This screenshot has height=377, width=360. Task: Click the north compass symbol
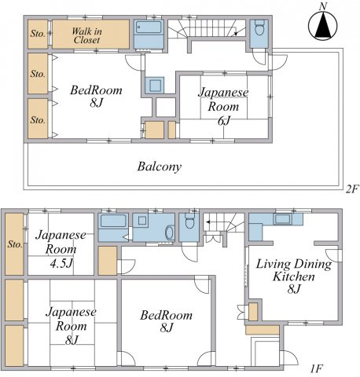(x=322, y=25)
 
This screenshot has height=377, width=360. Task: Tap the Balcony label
(x=160, y=167)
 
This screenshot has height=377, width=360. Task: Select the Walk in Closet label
(x=86, y=35)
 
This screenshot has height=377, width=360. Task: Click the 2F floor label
(x=351, y=188)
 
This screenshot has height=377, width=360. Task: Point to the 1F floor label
(x=316, y=369)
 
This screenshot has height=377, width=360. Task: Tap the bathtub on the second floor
(x=149, y=27)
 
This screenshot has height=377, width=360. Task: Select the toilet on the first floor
(x=189, y=221)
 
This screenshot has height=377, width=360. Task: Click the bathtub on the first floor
(x=113, y=221)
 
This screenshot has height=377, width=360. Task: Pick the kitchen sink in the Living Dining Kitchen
(x=282, y=219)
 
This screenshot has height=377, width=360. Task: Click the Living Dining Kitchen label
(x=294, y=276)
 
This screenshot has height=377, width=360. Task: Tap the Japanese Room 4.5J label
(x=61, y=249)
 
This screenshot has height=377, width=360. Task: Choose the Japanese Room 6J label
(x=223, y=106)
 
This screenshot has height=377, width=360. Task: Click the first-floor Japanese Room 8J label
(x=72, y=326)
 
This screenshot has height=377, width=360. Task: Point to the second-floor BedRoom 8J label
(x=96, y=96)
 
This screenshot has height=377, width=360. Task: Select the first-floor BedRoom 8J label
(x=167, y=321)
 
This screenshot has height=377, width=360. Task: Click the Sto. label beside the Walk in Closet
(x=38, y=34)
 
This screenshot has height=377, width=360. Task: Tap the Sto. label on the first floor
(x=15, y=244)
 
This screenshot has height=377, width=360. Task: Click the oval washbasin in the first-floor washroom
(x=170, y=232)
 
